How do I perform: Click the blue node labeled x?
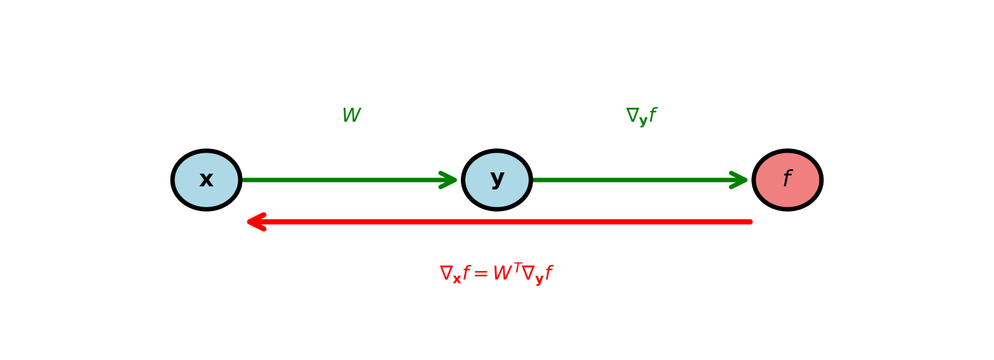pos(207,180)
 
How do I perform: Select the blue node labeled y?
pos(497,180)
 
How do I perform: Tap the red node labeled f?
pos(787,180)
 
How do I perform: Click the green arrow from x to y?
pos(342,180)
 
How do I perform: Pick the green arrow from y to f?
pos(634,180)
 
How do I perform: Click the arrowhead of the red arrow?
pos(255,222)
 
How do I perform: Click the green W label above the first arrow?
pos(351,116)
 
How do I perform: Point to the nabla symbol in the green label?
pos(632,115)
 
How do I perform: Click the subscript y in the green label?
pos(643,121)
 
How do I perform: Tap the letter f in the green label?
pos(652,116)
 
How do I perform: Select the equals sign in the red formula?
pos(481,274)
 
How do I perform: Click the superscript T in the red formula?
pos(517,267)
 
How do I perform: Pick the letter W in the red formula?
pos(502,274)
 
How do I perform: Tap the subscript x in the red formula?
pos(456,280)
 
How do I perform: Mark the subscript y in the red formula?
pos(539,280)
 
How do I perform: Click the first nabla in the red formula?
pos(446,273)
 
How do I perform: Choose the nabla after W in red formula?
pos(528,273)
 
